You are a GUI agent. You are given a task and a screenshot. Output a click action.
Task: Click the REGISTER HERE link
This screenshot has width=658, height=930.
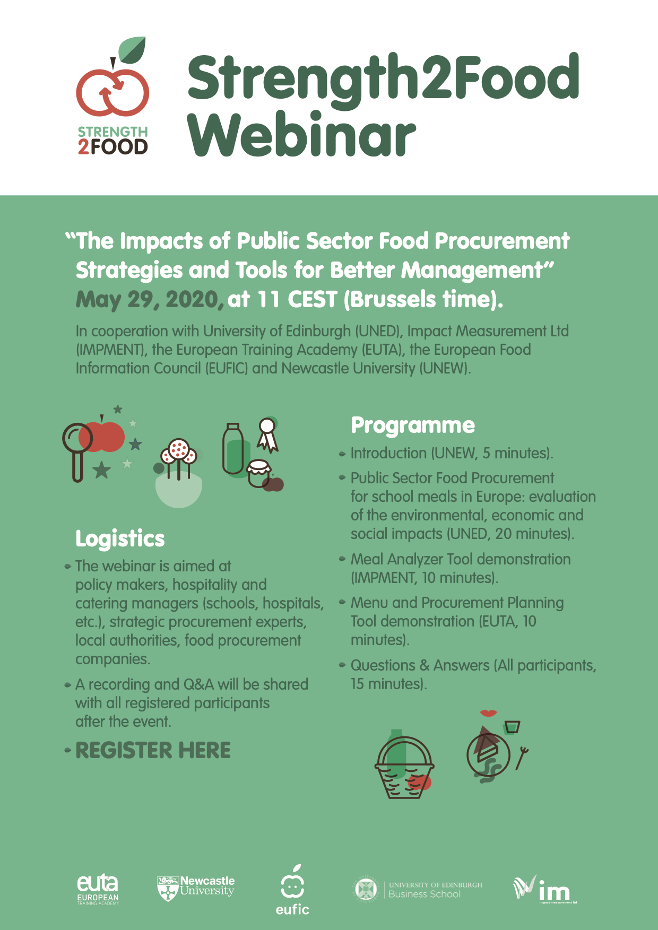pyautogui.click(x=153, y=750)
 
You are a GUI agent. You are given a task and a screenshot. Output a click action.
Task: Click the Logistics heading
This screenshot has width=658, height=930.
pyautogui.click(x=120, y=539)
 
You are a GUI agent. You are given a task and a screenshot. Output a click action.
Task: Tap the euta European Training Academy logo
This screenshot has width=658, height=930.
pyautogui.click(x=98, y=889)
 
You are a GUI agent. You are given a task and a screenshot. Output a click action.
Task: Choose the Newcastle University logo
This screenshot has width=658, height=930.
pyautogui.click(x=196, y=888)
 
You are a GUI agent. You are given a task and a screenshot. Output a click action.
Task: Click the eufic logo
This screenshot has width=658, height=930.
pyautogui.click(x=292, y=890)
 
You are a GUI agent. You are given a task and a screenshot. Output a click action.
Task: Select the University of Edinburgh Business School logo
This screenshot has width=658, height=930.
pyautogui.click(x=418, y=890)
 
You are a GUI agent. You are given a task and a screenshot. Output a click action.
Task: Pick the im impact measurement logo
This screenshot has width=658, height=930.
pyautogui.click(x=544, y=889)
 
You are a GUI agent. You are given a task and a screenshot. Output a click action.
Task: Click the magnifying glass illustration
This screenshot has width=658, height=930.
pyautogui.click(x=77, y=451)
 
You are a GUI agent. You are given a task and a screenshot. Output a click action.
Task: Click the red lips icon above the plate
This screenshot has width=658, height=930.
pyautogui.click(x=488, y=713)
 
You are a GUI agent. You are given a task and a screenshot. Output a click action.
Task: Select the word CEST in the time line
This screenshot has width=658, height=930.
pyautogui.click(x=313, y=300)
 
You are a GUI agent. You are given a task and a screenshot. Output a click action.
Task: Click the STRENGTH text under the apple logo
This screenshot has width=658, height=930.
pyautogui.click(x=112, y=132)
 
